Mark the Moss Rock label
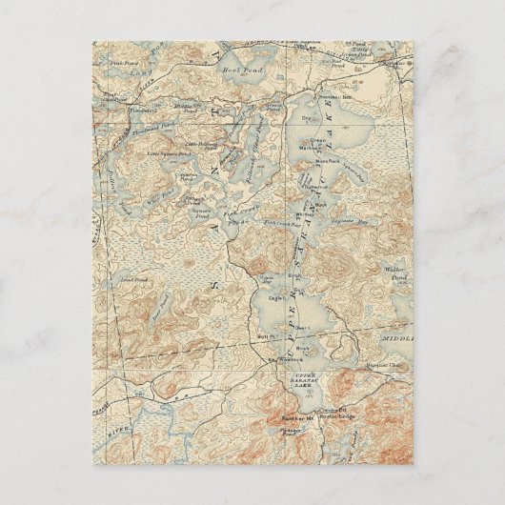[328, 161]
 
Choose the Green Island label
[319, 142]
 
